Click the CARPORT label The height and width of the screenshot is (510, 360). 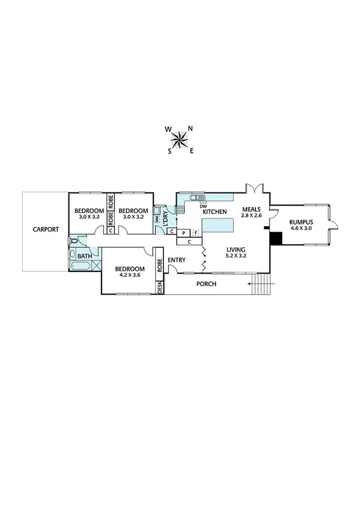[46, 229]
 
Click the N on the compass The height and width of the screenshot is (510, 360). [191, 128]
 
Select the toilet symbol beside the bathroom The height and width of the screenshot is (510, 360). [73, 241]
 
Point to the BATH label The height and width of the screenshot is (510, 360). [85, 256]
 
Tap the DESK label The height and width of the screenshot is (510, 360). [160, 288]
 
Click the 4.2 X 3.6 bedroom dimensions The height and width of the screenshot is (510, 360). [129, 276]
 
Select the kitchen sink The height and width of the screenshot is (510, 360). [195, 197]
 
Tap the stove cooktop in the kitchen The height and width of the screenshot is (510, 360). [180, 209]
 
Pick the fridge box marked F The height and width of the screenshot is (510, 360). [195, 232]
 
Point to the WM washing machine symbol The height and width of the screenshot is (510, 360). [157, 220]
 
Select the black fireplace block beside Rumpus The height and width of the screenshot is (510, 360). [276, 238]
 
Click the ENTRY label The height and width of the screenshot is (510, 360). [177, 260]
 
